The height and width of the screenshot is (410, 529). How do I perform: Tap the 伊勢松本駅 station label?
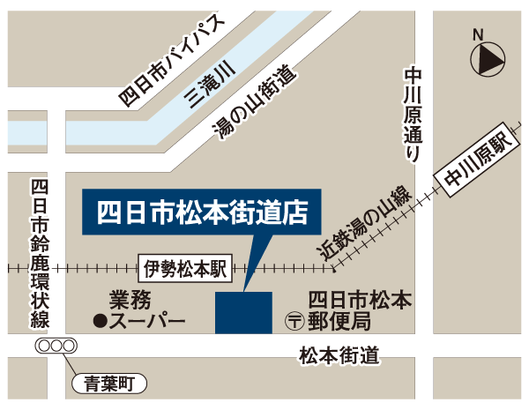183,267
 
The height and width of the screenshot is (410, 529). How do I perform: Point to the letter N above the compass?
478,34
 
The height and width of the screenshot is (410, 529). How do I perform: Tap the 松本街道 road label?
339,356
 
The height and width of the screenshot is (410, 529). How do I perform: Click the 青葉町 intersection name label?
108,384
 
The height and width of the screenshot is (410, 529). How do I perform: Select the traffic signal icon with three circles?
55,347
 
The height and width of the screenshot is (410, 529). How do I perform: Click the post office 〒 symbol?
294,321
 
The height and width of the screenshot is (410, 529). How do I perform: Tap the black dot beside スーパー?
100,321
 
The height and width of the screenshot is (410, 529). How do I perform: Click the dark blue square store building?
243,312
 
